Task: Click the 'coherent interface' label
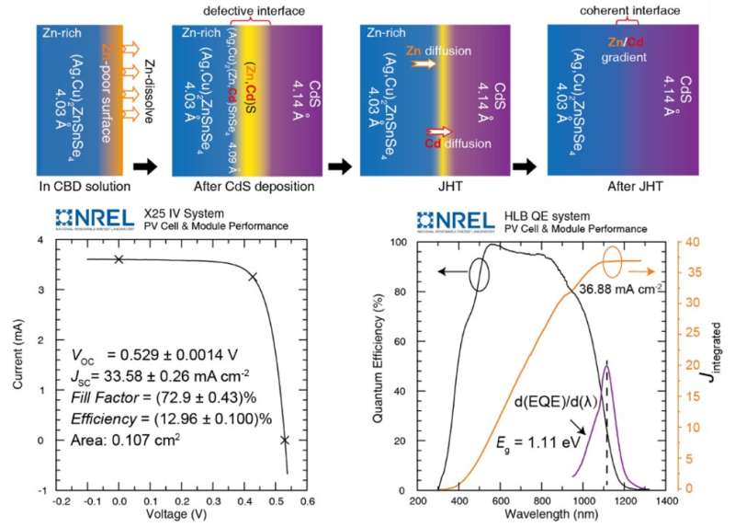point(611,10)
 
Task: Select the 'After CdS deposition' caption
point(242,187)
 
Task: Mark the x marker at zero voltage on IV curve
point(119,259)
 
